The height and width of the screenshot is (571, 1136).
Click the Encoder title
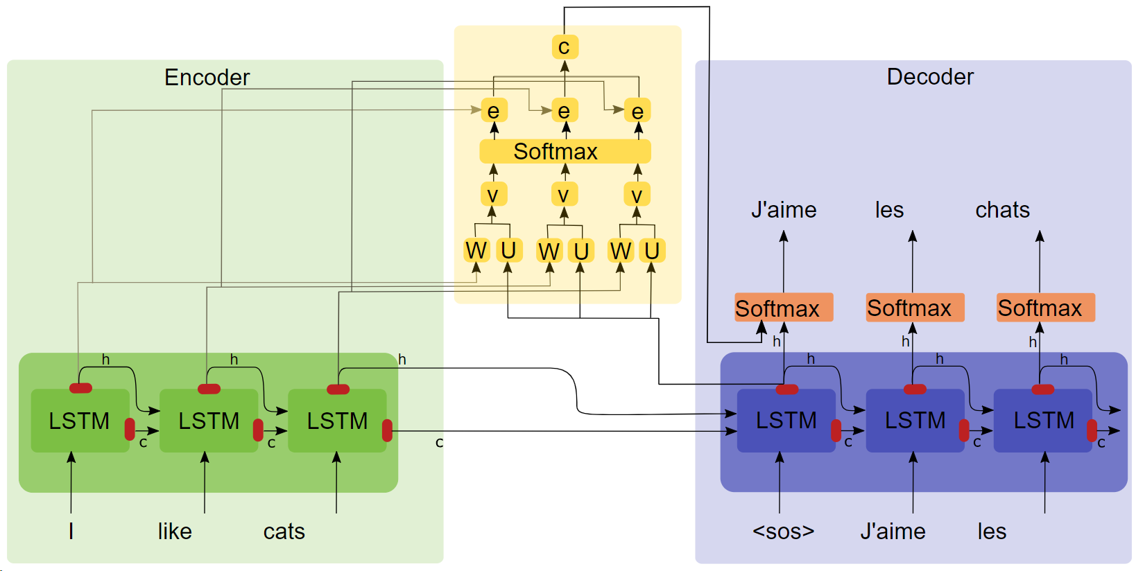pyautogui.click(x=207, y=77)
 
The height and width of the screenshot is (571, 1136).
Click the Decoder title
pyautogui.click(x=930, y=76)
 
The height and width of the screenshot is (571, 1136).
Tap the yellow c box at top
pyautogui.click(x=565, y=47)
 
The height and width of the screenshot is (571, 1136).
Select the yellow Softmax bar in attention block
pyautogui.click(x=565, y=151)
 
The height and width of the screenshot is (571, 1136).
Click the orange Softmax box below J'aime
pyautogui.click(x=783, y=308)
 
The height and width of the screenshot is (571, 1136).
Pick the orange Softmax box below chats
pyautogui.click(x=1046, y=308)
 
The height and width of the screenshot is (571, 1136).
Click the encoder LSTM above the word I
pyautogui.click(x=80, y=421)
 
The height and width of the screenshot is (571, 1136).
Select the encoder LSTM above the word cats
pyautogui.click(x=337, y=421)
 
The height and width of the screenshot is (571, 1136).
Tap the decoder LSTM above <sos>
pyautogui.click(x=786, y=421)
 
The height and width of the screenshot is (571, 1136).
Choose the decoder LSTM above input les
pyautogui.click(x=1043, y=421)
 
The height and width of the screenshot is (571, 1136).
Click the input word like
pyautogui.click(x=175, y=532)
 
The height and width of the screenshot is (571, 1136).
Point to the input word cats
pyautogui.click(x=284, y=532)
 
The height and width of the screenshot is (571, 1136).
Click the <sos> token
pyautogui.click(x=783, y=532)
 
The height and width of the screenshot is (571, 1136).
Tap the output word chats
pyautogui.click(x=1002, y=210)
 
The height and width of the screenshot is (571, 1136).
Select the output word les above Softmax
pyautogui.click(x=889, y=210)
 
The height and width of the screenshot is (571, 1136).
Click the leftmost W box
pyautogui.click(x=476, y=250)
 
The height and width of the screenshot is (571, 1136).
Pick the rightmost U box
pyautogui.click(x=652, y=250)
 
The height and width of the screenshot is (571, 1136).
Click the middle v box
pyautogui.click(x=564, y=195)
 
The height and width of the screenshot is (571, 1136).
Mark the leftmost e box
pyautogui.click(x=494, y=111)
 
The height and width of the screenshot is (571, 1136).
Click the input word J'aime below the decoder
pyautogui.click(x=893, y=532)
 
